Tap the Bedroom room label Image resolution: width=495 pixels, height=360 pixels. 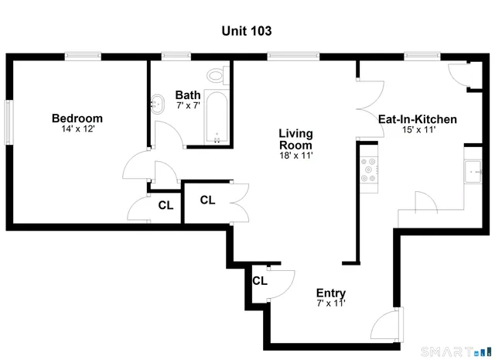pos(77,118)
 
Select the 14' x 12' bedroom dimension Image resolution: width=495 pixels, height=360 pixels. pos(77,129)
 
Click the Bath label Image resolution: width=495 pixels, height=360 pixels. pos(188,94)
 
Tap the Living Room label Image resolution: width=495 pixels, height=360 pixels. pos(295,139)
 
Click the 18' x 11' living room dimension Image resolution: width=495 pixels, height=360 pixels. pos(295,156)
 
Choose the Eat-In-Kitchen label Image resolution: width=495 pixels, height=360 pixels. pos(417,119)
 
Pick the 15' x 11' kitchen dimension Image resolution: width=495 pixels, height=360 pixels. pos(417,130)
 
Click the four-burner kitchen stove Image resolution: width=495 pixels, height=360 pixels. pos(369,171)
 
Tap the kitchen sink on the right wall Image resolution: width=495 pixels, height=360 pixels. pos(471,172)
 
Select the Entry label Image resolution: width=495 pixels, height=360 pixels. pos(331,293)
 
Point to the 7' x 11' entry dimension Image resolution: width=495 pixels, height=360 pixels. pos(331,303)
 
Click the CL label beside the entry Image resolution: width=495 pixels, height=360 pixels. pos(259,280)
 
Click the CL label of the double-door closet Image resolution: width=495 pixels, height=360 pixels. pos(207,200)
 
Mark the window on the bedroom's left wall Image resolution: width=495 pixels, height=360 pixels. pos(9,122)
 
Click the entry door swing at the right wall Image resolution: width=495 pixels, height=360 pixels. pos(391,324)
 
